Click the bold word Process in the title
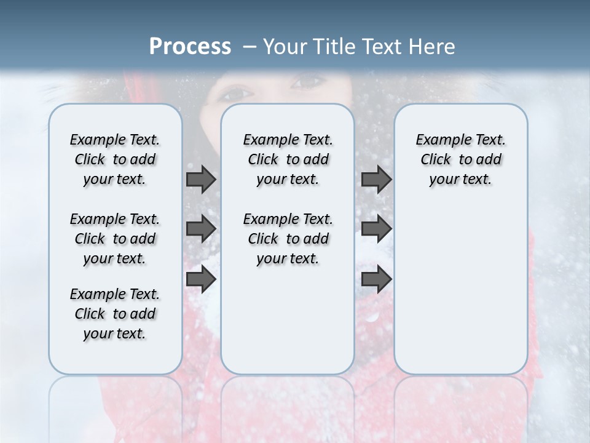click(190, 47)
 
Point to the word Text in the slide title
click(386, 47)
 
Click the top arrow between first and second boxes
click(201, 179)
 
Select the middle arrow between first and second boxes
click(201, 229)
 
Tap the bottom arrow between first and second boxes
click(201, 279)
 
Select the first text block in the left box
click(115, 159)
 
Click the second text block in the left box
click(115, 239)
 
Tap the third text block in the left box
click(115, 314)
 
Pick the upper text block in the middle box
click(288, 159)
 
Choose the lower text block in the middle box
click(288, 239)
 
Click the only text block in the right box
click(460, 159)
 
